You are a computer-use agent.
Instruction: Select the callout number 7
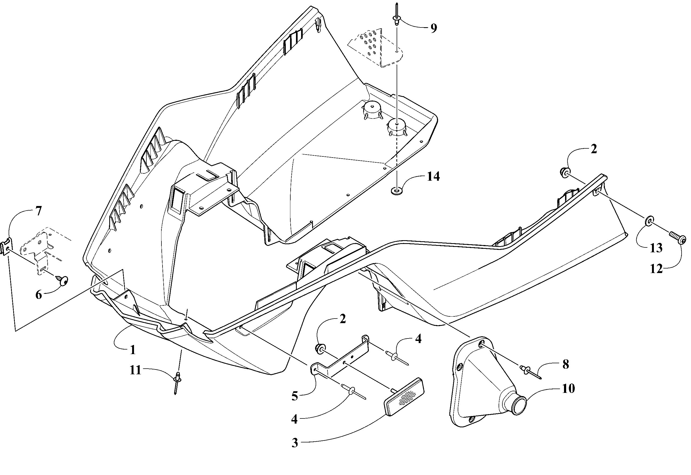click(x=38, y=211)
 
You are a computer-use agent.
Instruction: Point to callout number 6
click(x=39, y=295)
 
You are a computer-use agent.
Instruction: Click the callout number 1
click(x=133, y=350)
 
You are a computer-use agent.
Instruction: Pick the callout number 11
click(x=135, y=371)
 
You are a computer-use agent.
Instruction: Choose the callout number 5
click(x=294, y=396)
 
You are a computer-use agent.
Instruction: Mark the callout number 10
click(x=569, y=388)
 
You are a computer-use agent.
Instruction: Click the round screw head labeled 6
click(x=63, y=280)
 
